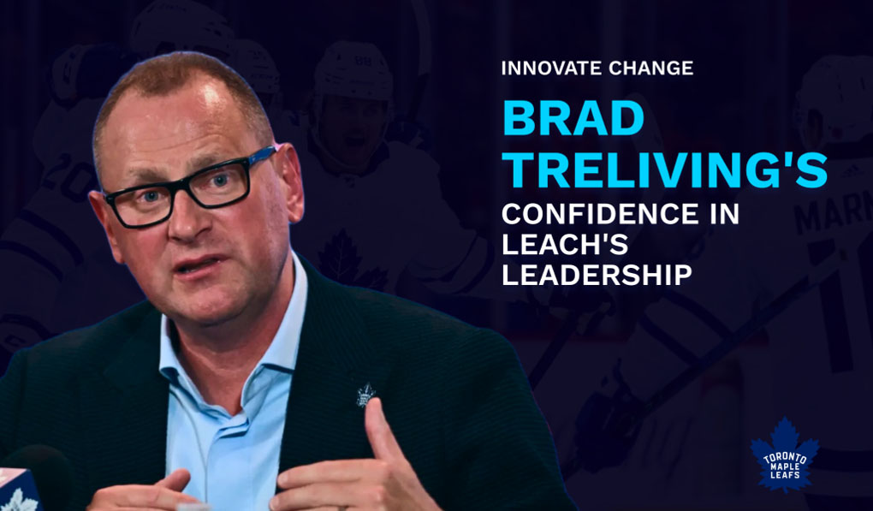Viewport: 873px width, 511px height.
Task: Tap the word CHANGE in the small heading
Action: (646, 68)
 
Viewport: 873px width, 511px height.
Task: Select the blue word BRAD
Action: (573, 118)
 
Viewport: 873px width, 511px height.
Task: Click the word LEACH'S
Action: (565, 245)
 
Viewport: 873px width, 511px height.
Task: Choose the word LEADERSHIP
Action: (597, 276)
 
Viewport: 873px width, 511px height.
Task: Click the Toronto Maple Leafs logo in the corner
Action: (785, 455)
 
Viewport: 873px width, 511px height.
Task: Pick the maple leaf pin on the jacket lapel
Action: (365, 394)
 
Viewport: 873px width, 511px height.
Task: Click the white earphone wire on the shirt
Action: (192, 429)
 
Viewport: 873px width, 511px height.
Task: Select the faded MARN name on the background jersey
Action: (834, 211)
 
